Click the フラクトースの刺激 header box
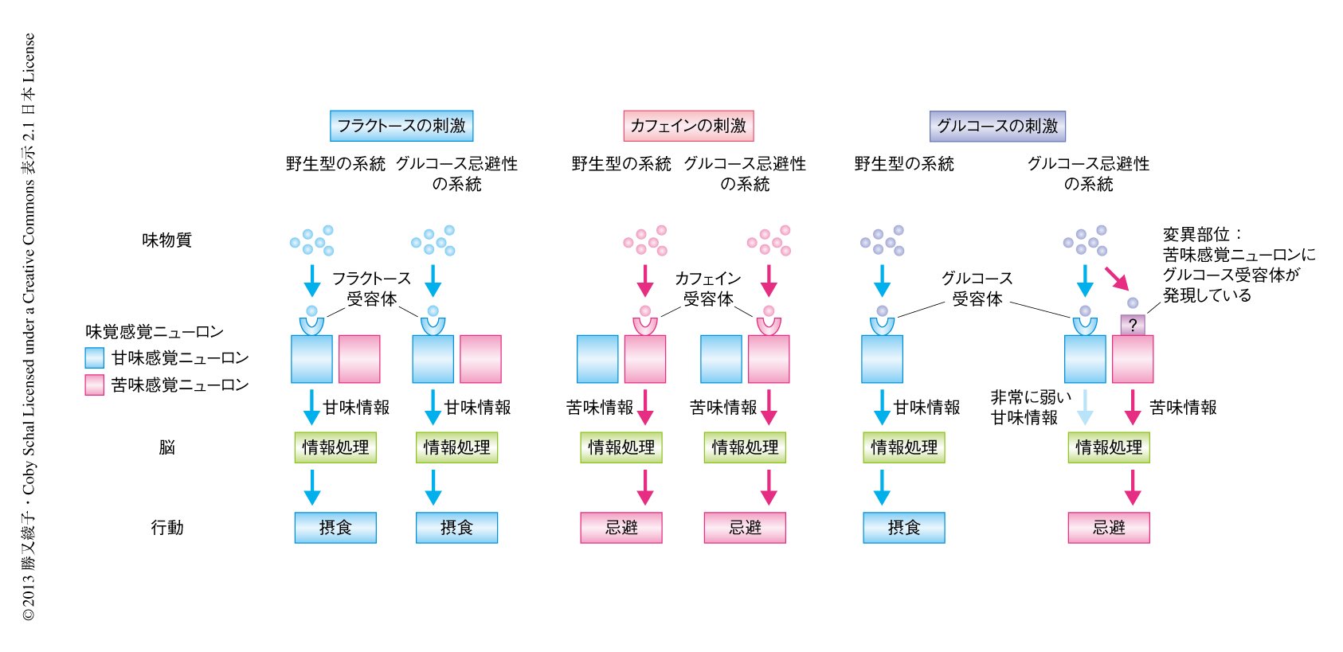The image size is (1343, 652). [401, 126]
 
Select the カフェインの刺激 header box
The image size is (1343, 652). [688, 126]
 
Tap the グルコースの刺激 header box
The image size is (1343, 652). [997, 126]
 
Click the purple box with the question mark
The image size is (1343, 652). [1133, 325]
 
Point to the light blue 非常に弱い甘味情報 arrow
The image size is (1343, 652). [1085, 407]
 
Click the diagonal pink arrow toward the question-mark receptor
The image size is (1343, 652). [1117, 278]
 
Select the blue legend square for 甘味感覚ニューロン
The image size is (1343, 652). [95, 358]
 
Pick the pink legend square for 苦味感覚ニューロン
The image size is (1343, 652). [95, 385]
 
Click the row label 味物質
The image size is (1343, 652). [166, 240]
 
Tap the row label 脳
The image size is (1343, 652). [166, 447]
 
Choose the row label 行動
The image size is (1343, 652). [166, 527]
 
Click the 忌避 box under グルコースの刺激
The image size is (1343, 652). [1109, 527]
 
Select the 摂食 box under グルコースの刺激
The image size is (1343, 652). [904, 527]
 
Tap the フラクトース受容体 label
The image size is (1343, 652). [371, 288]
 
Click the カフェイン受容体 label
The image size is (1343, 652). [707, 288]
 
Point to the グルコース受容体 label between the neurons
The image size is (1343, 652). [977, 288]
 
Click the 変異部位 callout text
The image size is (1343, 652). [1238, 264]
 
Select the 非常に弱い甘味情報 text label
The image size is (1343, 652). [1029, 407]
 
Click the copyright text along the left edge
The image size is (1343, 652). [29, 326]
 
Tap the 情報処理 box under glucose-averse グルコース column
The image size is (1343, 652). [1109, 447]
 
